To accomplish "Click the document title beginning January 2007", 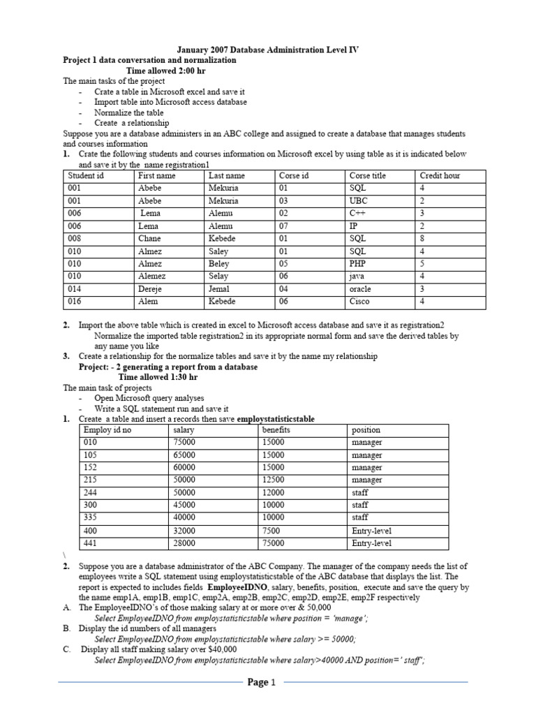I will click(x=268, y=50).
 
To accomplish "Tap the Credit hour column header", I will click(x=440, y=176).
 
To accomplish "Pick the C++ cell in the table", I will click(x=357, y=214).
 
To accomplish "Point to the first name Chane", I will click(x=149, y=239).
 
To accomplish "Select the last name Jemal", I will click(x=219, y=289).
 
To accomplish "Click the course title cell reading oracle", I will click(x=360, y=289).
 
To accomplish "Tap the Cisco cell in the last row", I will click(x=359, y=302).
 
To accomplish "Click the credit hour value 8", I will click(x=422, y=239).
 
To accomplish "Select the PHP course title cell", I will click(x=358, y=264).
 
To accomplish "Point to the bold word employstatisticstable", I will click(x=276, y=419).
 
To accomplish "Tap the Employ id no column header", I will click(x=107, y=430).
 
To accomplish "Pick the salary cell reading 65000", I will click(x=184, y=455).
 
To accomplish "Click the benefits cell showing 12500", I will click(x=273, y=480).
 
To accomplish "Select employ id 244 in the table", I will click(x=91, y=493).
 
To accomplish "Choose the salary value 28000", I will click(x=184, y=543).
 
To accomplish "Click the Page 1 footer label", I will click(x=263, y=683).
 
